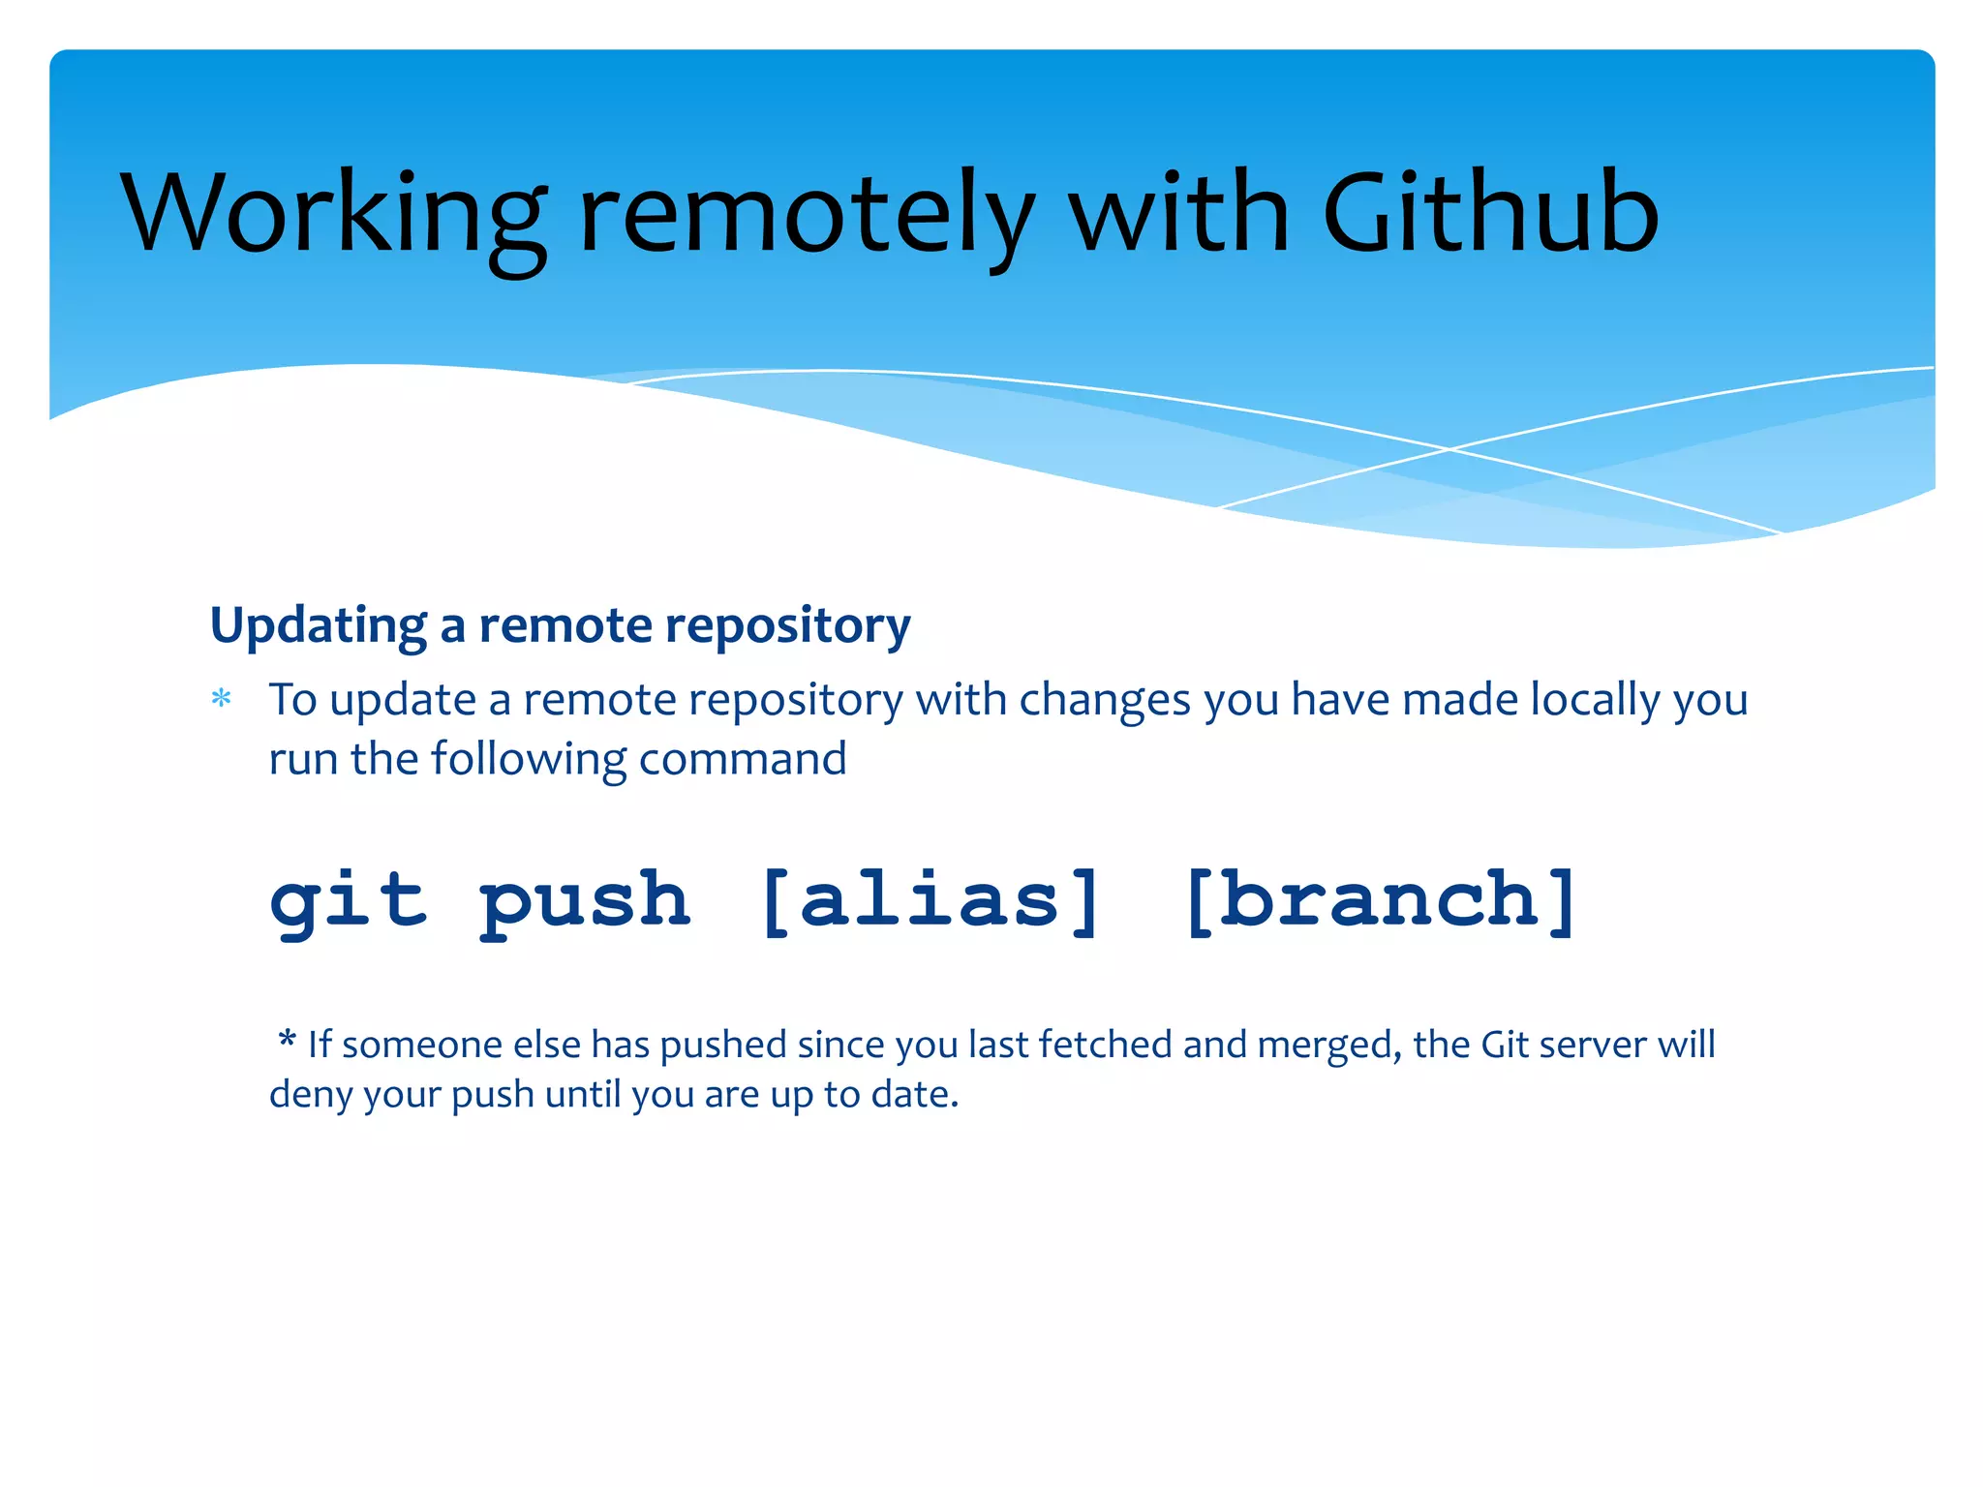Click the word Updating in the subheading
pyautogui.click(x=318, y=626)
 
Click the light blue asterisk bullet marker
pyautogui.click(x=222, y=699)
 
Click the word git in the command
pyautogui.click(x=347, y=900)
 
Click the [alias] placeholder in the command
pyautogui.click(x=930, y=900)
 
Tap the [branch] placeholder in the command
pyautogui.click(x=1380, y=900)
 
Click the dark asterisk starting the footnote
pyautogui.click(x=287, y=1042)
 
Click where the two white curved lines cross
pyautogui.click(x=1449, y=449)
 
